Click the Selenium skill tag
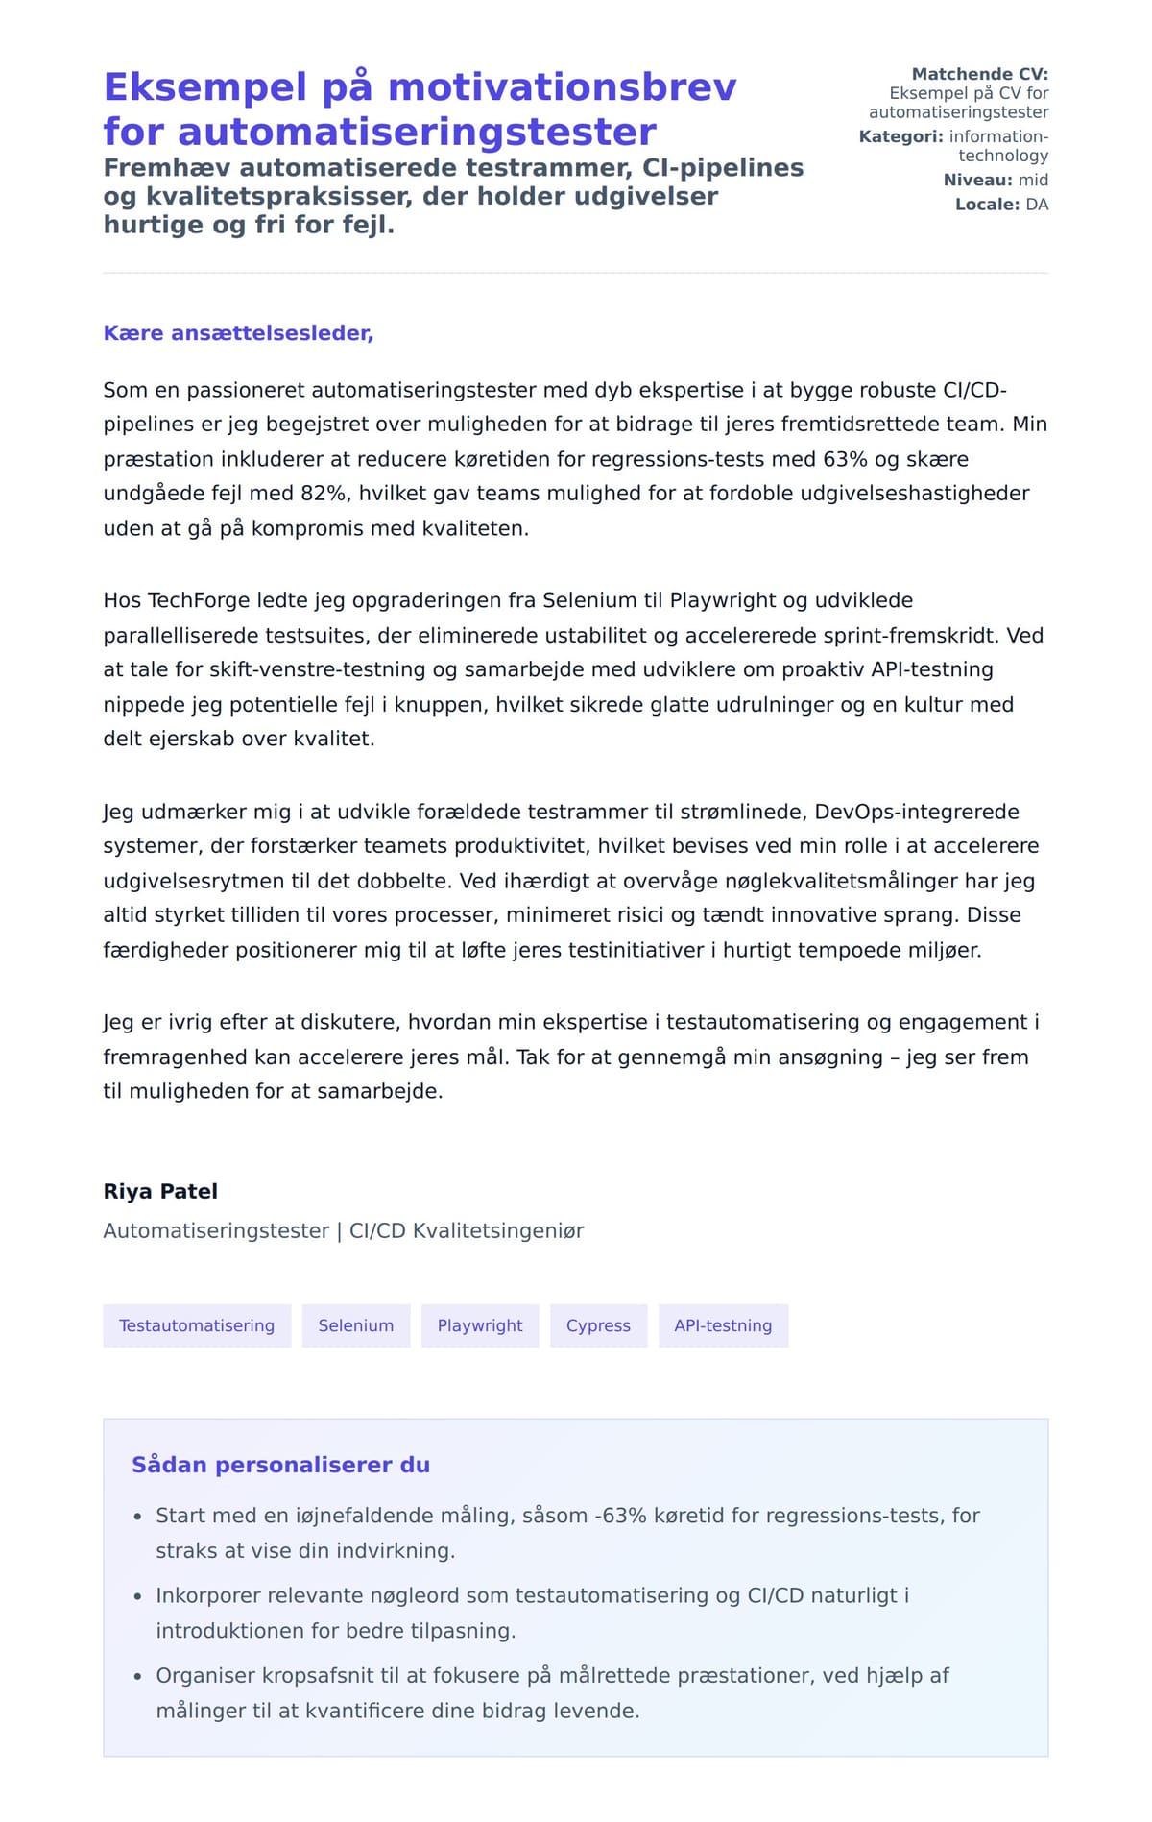(355, 1325)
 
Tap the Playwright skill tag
(480, 1325)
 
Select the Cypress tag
(598, 1325)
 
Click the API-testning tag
(723, 1325)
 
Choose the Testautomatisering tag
(197, 1325)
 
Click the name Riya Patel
(160, 1191)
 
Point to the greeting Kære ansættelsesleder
(238, 333)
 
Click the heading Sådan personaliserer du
(280, 1465)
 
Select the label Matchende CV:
(979, 74)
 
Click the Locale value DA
(1037, 205)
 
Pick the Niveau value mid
(1033, 180)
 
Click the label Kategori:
(900, 136)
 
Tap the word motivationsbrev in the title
(562, 87)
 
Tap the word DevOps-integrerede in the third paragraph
(917, 812)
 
